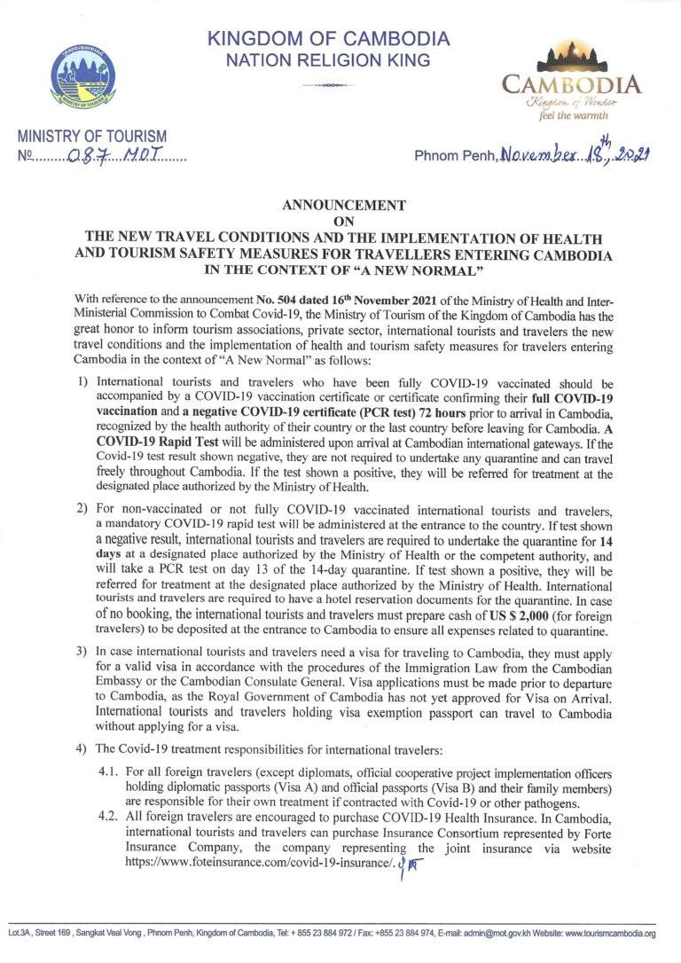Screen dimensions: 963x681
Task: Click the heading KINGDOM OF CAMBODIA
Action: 329,39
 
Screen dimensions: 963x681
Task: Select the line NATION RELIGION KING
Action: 329,60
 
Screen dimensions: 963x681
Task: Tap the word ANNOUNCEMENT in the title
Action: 343,206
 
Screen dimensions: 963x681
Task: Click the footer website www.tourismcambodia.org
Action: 611,934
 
